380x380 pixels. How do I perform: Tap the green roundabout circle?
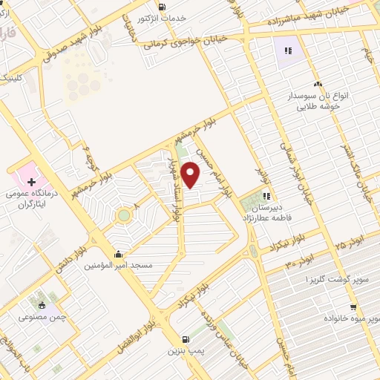click(x=123, y=216)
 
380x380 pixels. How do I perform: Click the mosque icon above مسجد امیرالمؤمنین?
click(x=119, y=252)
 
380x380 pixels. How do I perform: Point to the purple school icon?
click(x=288, y=50)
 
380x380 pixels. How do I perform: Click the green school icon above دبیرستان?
click(x=266, y=196)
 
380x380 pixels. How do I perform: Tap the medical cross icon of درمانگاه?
click(x=31, y=180)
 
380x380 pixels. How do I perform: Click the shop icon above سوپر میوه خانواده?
click(x=353, y=307)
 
